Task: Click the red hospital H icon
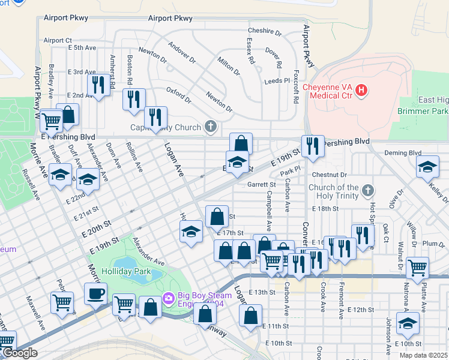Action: point(361,91)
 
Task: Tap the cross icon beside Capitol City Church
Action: point(210,127)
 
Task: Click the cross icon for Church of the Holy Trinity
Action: point(369,191)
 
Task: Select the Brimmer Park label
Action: point(423,112)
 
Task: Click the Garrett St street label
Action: point(261,185)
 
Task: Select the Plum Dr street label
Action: point(433,243)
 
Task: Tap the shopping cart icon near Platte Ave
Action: point(417,268)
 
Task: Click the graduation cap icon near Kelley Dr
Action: point(427,167)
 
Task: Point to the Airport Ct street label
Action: point(58,40)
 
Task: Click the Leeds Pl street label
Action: point(277,80)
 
